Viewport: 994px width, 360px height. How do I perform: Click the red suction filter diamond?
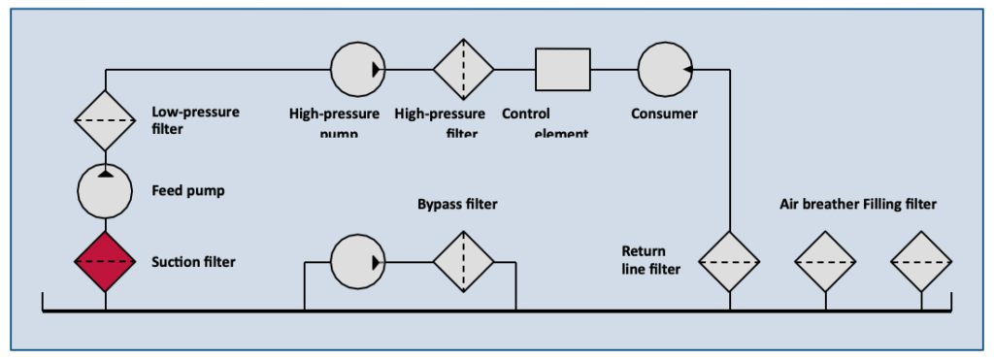pyautogui.click(x=105, y=262)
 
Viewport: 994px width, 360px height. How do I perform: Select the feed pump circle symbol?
pyautogui.click(x=105, y=190)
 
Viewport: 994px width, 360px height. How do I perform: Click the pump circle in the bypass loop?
pyautogui.click(x=358, y=262)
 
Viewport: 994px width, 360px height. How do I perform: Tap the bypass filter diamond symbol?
pyautogui.click(x=463, y=262)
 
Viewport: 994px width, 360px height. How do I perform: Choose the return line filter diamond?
pyautogui.click(x=729, y=262)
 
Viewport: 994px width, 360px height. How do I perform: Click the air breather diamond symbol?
pyautogui.click(x=825, y=262)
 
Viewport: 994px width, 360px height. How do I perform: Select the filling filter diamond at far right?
pyautogui.click(x=921, y=262)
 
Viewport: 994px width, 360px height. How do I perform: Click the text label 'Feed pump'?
pyautogui.click(x=188, y=190)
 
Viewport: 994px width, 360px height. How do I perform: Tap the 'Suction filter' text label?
pyautogui.click(x=194, y=262)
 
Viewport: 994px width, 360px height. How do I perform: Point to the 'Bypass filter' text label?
pyautogui.click(x=457, y=205)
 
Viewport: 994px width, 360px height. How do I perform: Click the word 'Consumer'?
pyautogui.click(x=664, y=114)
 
